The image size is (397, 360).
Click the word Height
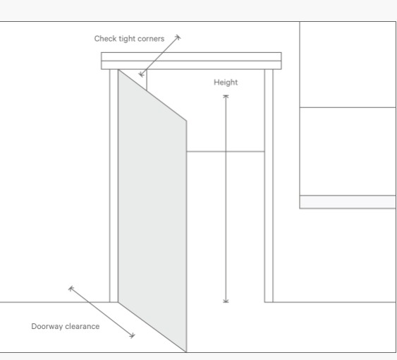(226, 83)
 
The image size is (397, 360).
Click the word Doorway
(47, 326)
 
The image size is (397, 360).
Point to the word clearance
(82, 326)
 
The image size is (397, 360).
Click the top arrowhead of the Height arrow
(226, 96)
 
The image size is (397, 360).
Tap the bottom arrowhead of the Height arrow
(226, 301)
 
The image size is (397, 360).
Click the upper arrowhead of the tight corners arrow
(178, 37)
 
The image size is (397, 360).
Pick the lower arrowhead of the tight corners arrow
(140, 75)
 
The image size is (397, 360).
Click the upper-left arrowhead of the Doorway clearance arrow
(70, 288)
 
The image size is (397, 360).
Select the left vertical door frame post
(114, 186)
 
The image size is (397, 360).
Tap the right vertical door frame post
(269, 186)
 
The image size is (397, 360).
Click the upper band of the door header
(191, 56)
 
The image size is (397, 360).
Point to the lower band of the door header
(191, 65)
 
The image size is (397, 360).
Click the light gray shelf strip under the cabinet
(348, 202)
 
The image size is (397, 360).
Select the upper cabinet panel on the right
(348, 65)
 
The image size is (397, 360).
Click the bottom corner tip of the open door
(186, 352)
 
